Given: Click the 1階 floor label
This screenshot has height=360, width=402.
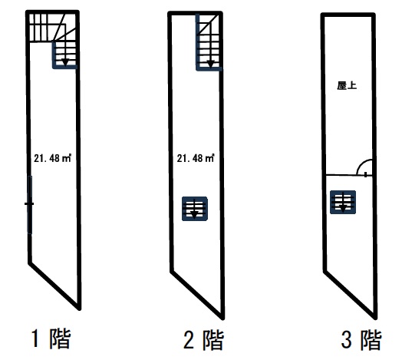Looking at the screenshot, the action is pyautogui.click(x=51, y=339).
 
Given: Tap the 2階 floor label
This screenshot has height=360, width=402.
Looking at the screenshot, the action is pyautogui.click(x=204, y=340).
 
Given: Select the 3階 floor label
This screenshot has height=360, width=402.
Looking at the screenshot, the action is pyautogui.click(x=361, y=340).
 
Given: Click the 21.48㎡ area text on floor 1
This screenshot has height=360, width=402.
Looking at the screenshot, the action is pyautogui.click(x=53, y=158).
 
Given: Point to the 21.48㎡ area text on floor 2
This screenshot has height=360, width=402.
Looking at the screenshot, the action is pyautogui.click(x=196, y=158).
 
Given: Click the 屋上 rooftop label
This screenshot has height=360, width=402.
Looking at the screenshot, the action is pyautogui.click(x=347, y=86).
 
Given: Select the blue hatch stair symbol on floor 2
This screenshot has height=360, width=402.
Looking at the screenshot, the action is pyautogui.click(x=195, y=209).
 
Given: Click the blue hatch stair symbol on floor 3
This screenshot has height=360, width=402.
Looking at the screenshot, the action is pyautogui.click(x=343, y=202).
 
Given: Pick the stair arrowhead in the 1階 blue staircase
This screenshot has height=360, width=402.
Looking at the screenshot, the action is pyautogui.click(x=65, y=62).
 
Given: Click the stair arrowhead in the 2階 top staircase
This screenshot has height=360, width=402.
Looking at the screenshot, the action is pyautogui.click(x=210, y=64).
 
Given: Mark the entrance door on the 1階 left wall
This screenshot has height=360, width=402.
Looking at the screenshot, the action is pyautogui.click(x=30, y=205).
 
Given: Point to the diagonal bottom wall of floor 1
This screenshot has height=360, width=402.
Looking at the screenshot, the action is pyautogui.click(x=54, y=286).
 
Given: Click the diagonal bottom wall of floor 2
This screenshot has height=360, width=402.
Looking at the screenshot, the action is pyautogui.click(x=197, y=295).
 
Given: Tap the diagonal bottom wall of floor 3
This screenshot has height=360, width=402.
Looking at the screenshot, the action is pyautogui.click(x=350, y=295).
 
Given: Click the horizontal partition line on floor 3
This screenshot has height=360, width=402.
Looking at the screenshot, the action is pyautogui.click(x=348, y=175).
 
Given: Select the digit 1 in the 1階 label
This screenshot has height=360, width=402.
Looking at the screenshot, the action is pyautogui.click(x=35, y=339).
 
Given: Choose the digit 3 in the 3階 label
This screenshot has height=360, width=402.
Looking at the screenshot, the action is pyautogui.click(x=346, y=340).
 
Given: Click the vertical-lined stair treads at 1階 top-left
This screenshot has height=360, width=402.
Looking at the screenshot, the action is pyautogui.click(x=38, y=28).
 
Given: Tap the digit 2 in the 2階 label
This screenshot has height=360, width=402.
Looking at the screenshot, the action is pyautogui.click(x=189, y=340).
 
